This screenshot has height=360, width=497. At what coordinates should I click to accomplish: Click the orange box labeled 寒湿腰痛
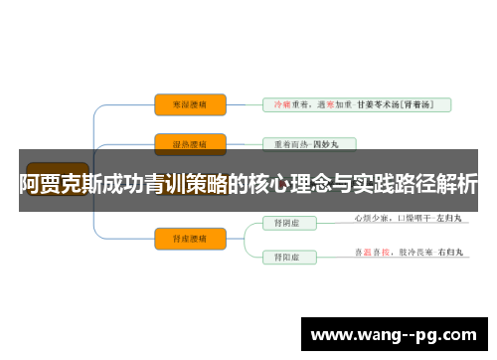191,103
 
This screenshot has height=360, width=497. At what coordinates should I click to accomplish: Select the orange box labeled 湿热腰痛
191,143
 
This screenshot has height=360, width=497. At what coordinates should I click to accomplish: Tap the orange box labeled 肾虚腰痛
191,237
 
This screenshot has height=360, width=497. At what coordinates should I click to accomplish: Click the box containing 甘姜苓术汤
356,103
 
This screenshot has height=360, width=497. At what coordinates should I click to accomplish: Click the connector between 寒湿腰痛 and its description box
244,103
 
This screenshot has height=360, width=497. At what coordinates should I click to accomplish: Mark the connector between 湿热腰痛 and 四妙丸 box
244,143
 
